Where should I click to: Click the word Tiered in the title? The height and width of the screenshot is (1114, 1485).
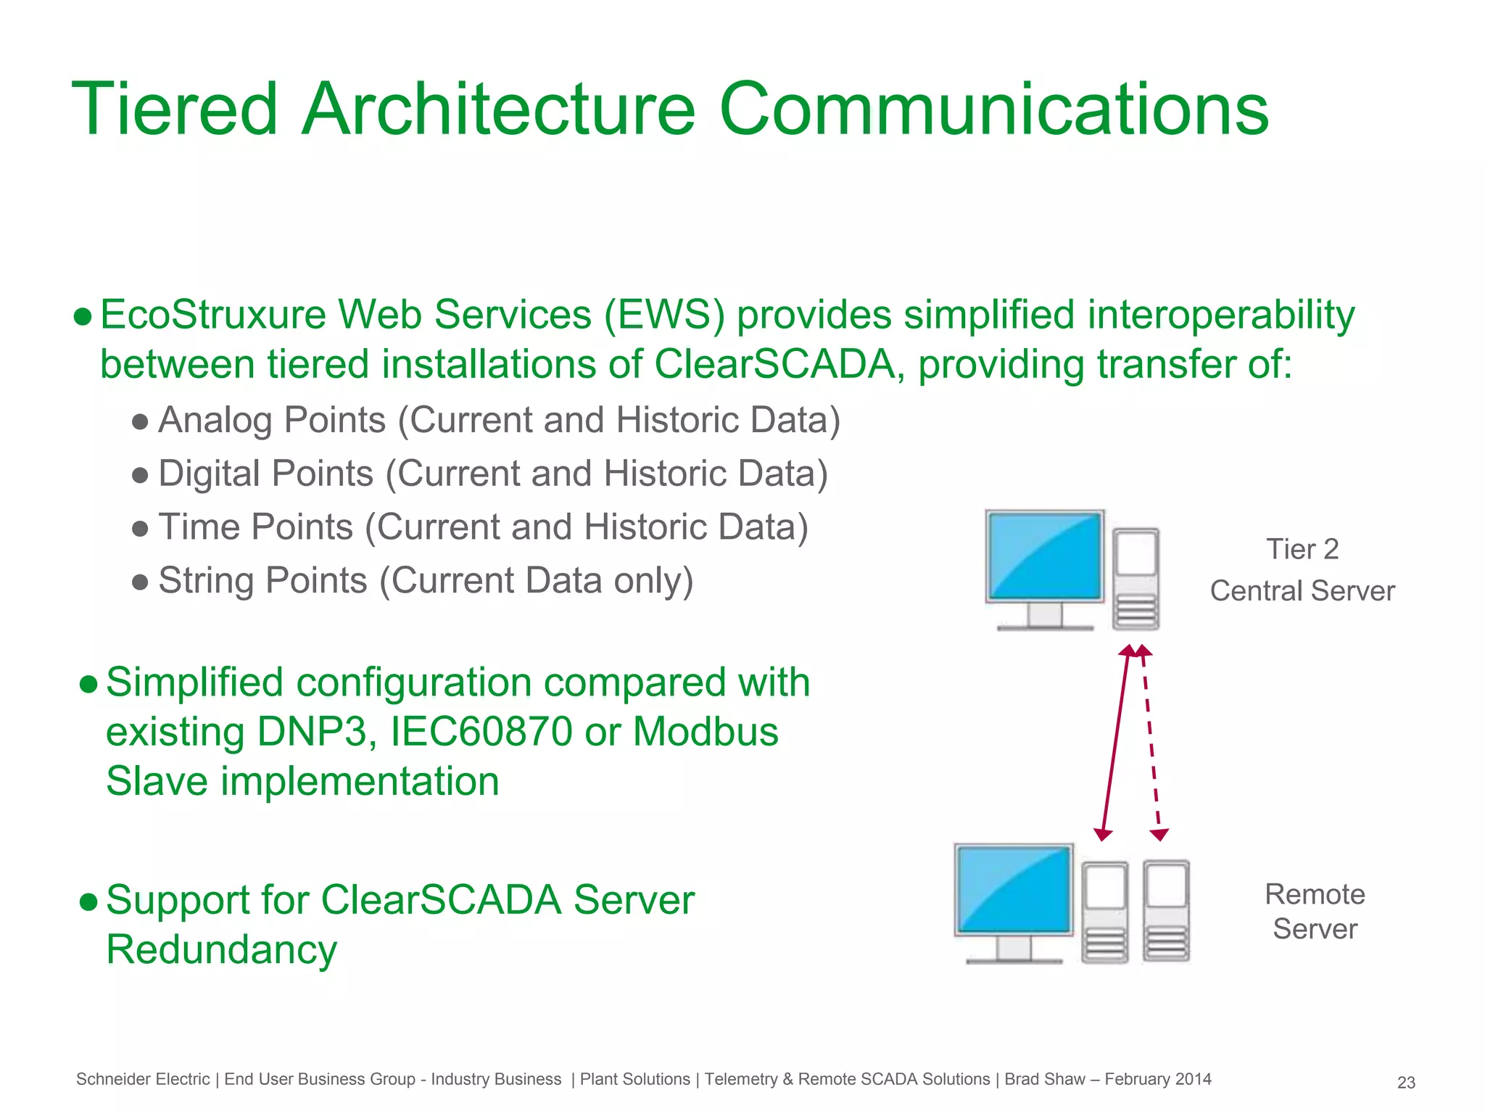[x=175, y=110]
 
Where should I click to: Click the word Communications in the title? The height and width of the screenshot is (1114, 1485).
[x=993, y=110]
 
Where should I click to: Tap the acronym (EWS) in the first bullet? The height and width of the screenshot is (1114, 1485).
[x=664, y=315]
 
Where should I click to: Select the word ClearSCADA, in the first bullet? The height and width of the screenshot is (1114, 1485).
[x=779, y=364]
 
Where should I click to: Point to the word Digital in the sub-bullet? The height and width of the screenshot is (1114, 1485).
[x=210, y=474]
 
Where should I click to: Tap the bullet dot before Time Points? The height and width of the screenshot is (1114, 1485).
[x=141, y=528]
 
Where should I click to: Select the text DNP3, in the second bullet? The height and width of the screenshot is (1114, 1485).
[x=317, y=732]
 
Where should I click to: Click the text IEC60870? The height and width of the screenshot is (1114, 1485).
[x=481, y=732]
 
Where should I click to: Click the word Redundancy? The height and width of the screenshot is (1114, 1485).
[x=222, y=950]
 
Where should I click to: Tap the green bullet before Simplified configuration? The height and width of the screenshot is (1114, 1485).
[x=88, y=684]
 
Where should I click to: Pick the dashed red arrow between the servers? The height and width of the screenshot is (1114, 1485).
[x=1151, y=743]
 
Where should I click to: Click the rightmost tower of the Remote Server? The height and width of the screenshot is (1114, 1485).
[x=1166, y=911]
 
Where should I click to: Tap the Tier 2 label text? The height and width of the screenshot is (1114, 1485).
[x=1302, y=550]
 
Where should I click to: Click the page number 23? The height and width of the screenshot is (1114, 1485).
[x=1406, y=1083]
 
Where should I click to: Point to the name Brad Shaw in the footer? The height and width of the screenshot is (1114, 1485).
[x=1045, y=1079]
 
